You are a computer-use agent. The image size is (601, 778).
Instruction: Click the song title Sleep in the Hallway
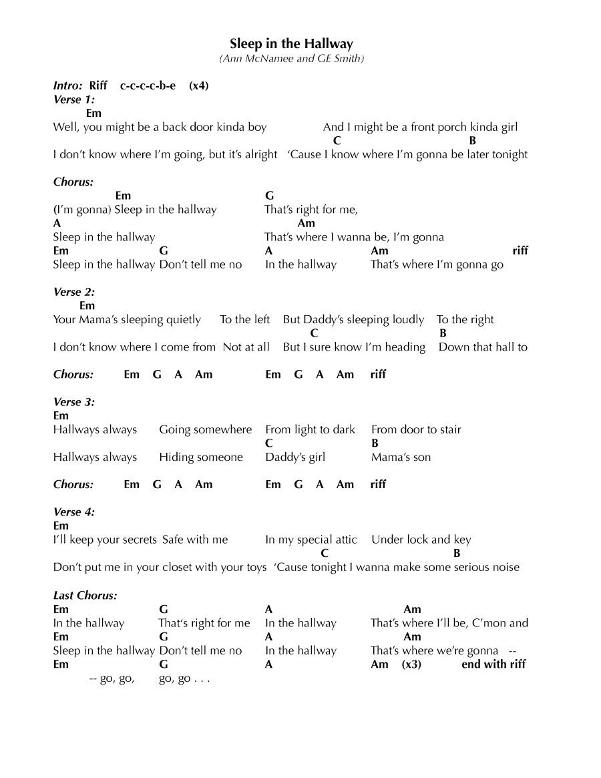point(291,44)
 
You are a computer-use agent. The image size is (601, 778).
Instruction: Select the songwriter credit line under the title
point(291,59)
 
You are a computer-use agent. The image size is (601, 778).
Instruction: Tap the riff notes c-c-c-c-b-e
point(148,85)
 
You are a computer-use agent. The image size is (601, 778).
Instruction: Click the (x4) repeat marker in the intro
point(199,85)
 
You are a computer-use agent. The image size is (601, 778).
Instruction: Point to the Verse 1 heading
point(74,100)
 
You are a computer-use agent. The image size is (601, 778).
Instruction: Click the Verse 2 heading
point(74,292)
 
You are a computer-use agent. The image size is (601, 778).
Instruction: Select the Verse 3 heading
point(74,402)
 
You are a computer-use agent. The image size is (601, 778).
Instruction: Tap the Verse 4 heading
point(74,512)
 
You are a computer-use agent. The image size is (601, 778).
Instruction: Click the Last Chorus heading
point(85,595)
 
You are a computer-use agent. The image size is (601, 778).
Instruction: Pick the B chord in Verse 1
point(473,141)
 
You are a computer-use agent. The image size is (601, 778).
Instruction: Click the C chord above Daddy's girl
point(268,443)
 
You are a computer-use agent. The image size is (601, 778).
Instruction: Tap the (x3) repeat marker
point(412,664)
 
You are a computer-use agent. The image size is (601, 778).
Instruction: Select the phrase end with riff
point(493,664)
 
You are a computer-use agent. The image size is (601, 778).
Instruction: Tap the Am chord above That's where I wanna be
point(306,224)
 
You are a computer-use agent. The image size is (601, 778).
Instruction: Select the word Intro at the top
point(67,85)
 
